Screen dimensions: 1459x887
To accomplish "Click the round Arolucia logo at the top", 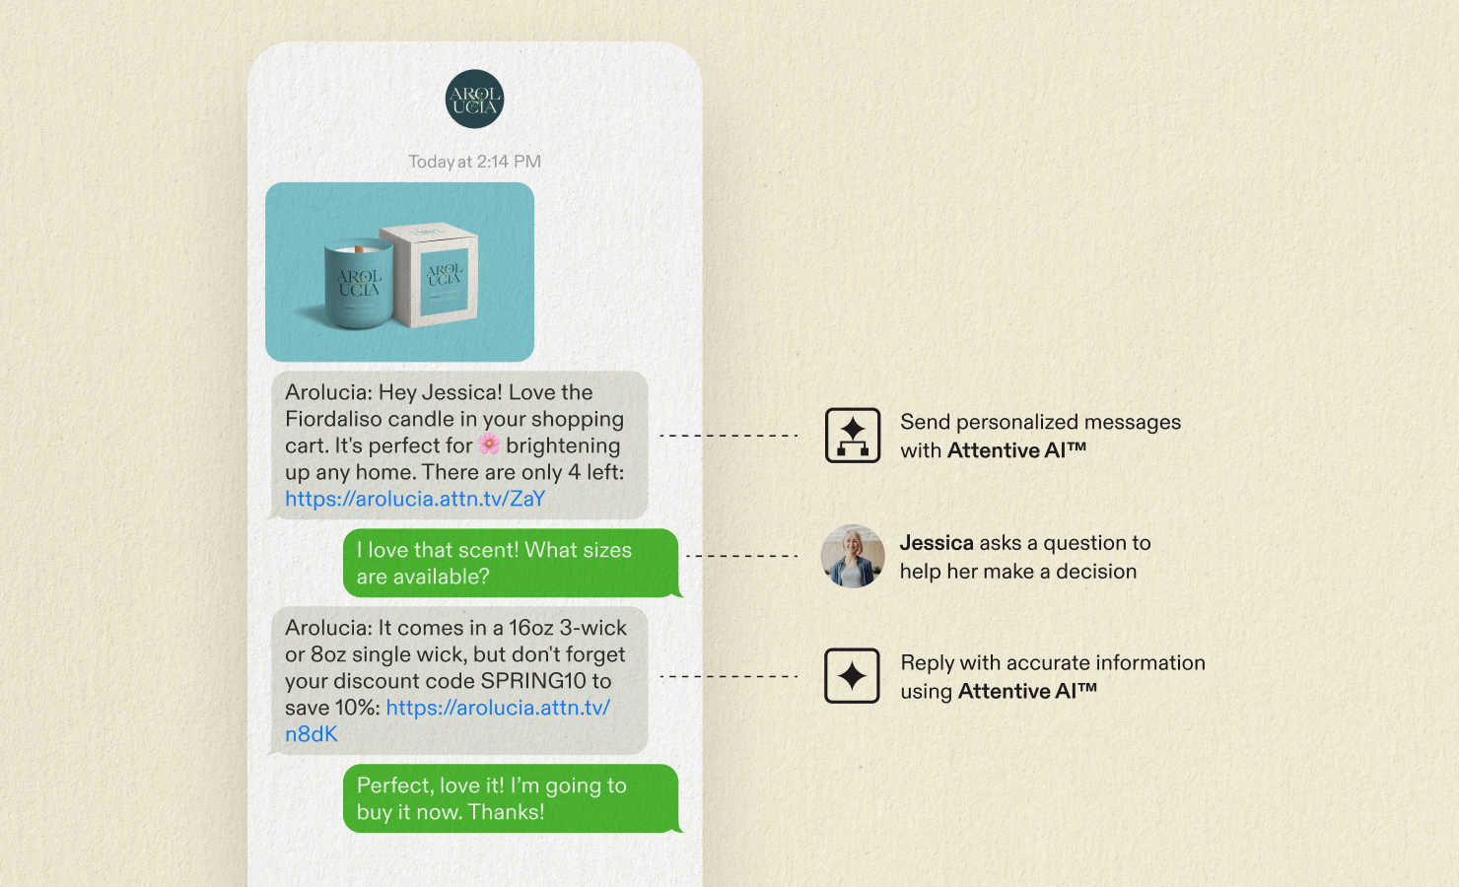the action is pos(474,99).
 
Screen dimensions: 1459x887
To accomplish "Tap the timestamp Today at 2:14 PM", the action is pos(474,162).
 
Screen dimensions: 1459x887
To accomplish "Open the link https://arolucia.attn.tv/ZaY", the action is pos(415,499).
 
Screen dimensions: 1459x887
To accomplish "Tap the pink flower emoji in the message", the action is pos(489,444).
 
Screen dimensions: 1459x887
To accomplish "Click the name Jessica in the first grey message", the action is pos(459,392).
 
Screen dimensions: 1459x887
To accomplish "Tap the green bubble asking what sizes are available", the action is pos(511,563).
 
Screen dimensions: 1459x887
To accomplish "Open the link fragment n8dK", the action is pos(312,734).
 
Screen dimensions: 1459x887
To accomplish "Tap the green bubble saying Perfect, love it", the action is pos(511,798).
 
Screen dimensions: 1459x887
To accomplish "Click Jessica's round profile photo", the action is pos(853,556).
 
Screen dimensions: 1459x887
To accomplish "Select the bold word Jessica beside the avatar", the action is pos(937,542).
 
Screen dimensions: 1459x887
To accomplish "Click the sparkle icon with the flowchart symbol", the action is pos(853,435).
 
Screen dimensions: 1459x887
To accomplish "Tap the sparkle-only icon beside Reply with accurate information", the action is pos(852,675).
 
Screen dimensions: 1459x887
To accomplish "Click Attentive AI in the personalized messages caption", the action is pos(1016,450).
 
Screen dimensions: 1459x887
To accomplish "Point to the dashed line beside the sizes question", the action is pos(742,556).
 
